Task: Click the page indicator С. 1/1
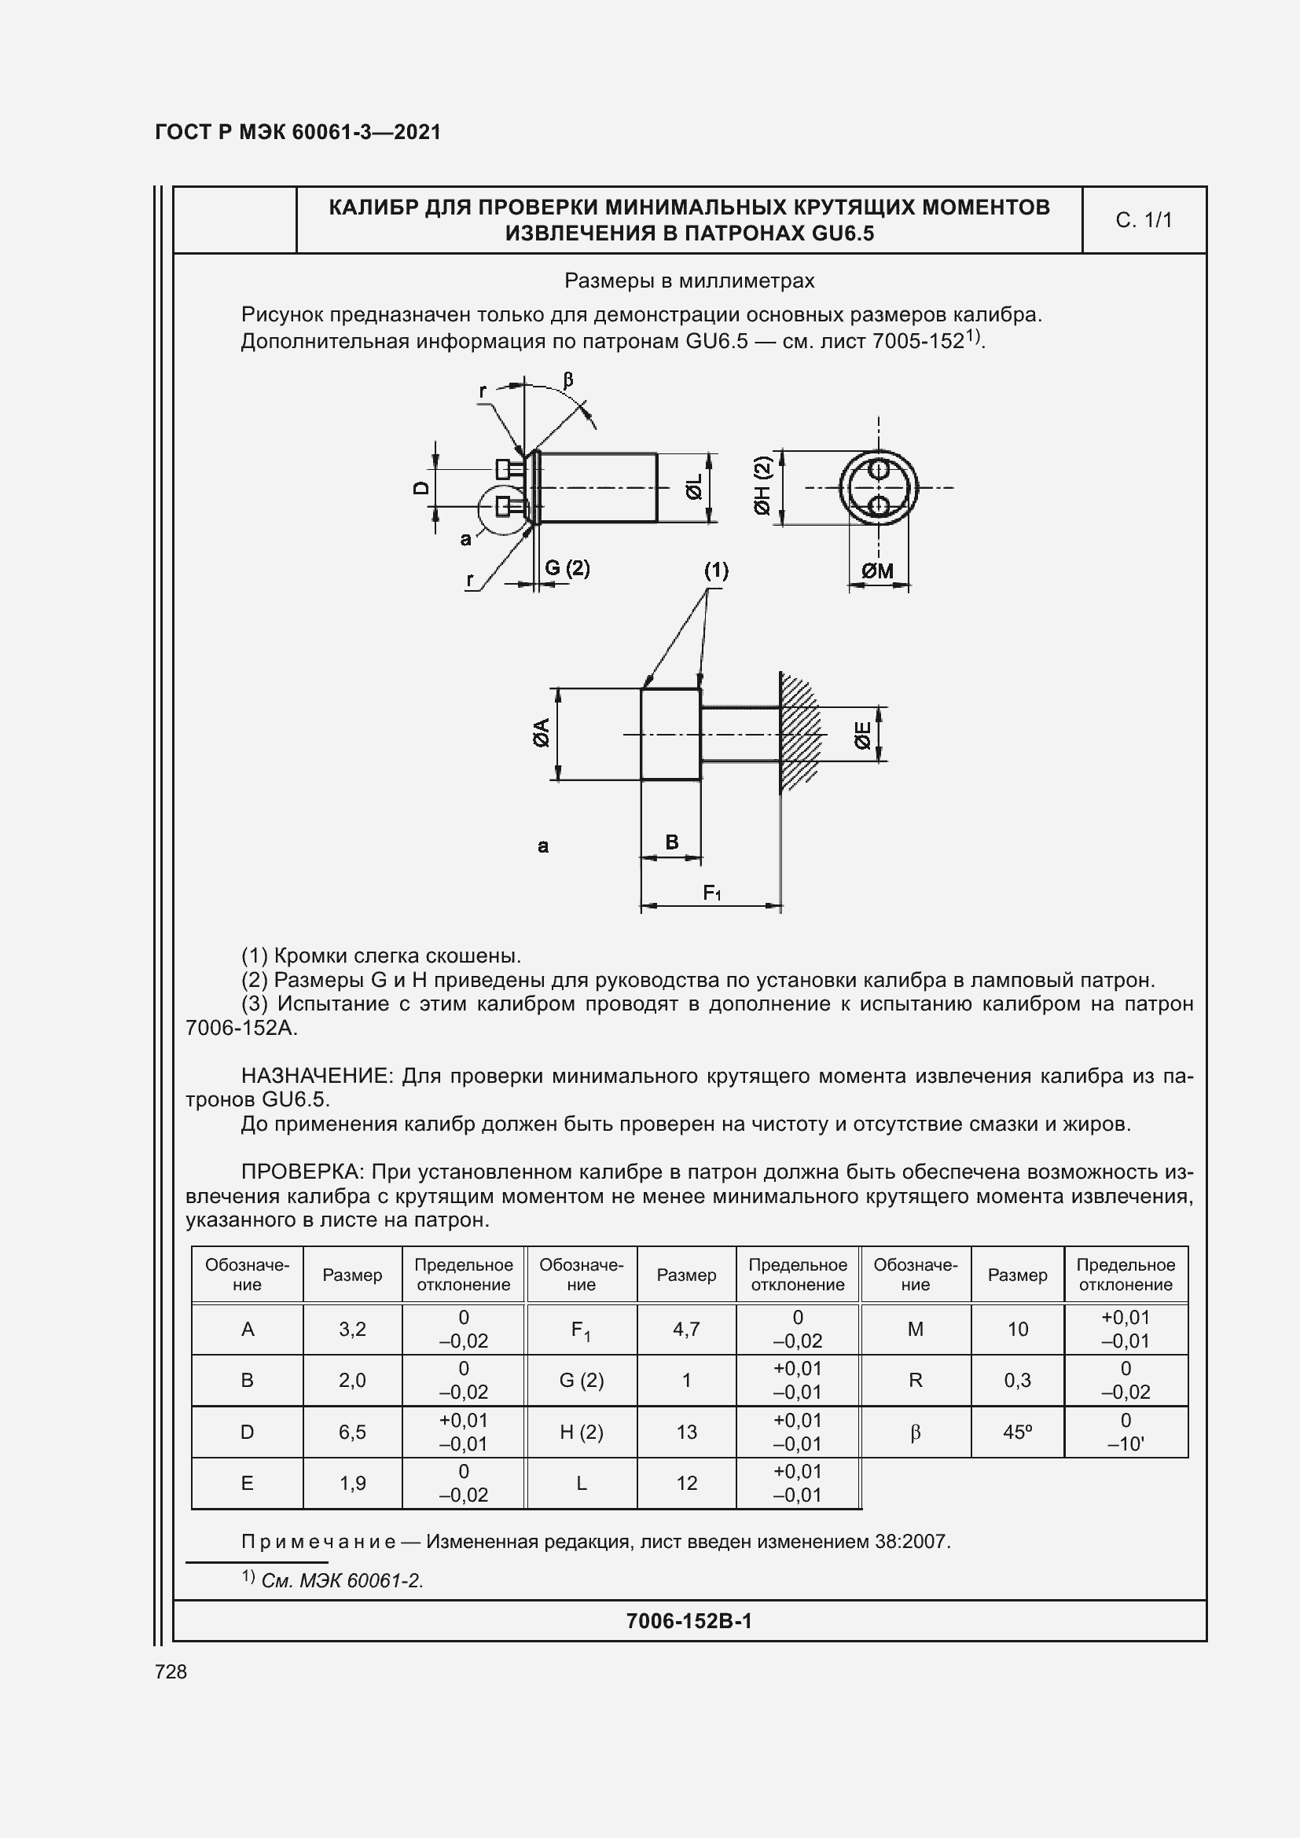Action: (1143, 220)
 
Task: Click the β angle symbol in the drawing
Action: (568, 380)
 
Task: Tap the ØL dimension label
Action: (693, 486)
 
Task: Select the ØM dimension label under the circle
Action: (877, 570)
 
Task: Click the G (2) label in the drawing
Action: (567, 568)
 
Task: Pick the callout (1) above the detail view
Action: (716, 570)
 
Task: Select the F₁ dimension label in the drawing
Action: (711, 893)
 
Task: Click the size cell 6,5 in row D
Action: (352, 1433)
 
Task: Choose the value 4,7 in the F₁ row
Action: (686, 1329)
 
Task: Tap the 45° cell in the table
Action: (1016, 1433)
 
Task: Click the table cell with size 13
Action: (686, 1433)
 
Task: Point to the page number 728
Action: (171, 1671)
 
